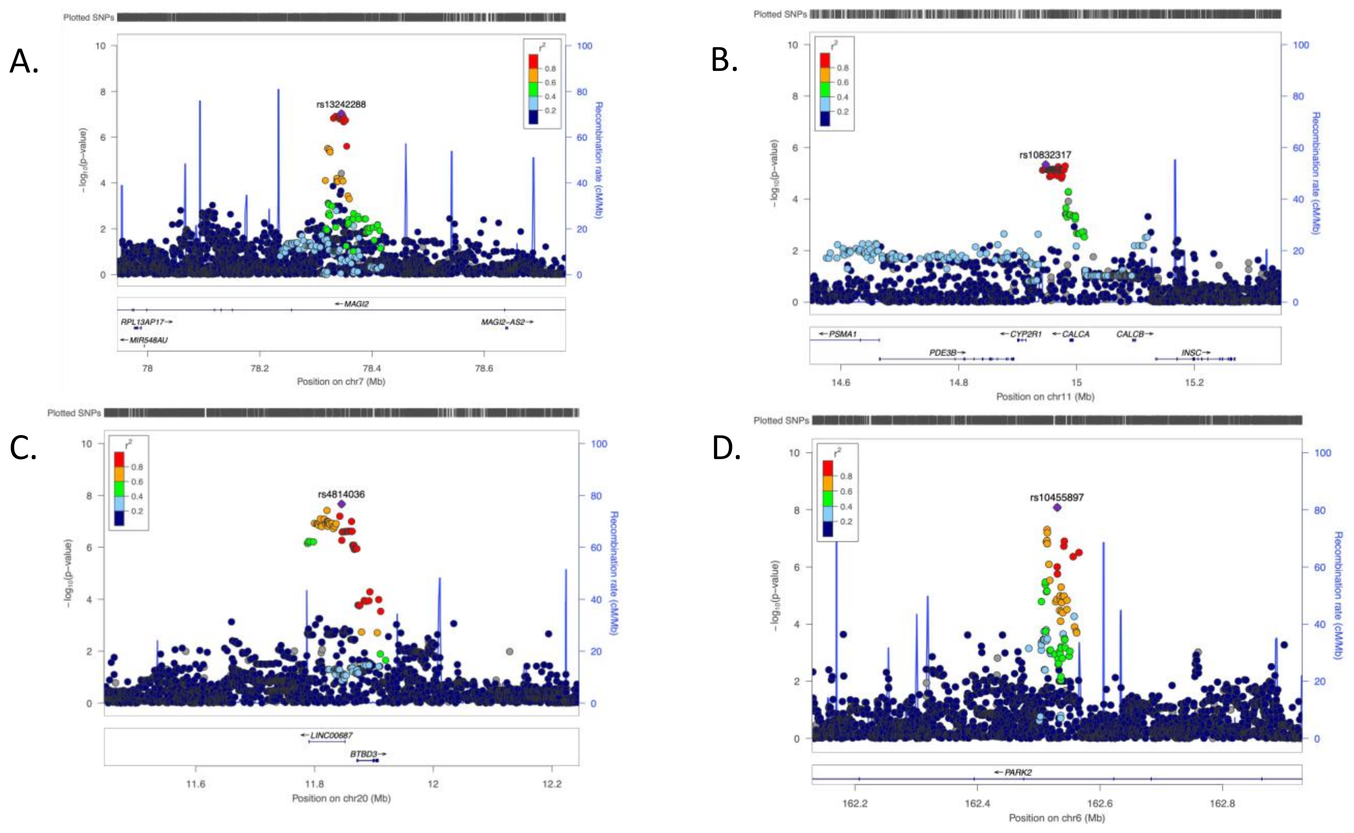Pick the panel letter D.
pyautogui.click(x=726, y=448)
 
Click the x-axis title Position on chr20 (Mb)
pyautogui.click(x=341, y=798)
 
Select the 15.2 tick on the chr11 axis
pyautogui.click(x=1194, y=382)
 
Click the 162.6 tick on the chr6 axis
pyautogui.click(x=1100, y=803)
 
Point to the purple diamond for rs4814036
pyautogui.click(x=341, y=504)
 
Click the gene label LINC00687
pyautogui.click(x=331, y=735)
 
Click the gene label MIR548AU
pyautogui.click(x=148, y=340)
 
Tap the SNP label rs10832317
pyautogui.click(x=1045, y=155)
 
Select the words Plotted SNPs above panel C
pyautogui.click(x=74, y=413)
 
